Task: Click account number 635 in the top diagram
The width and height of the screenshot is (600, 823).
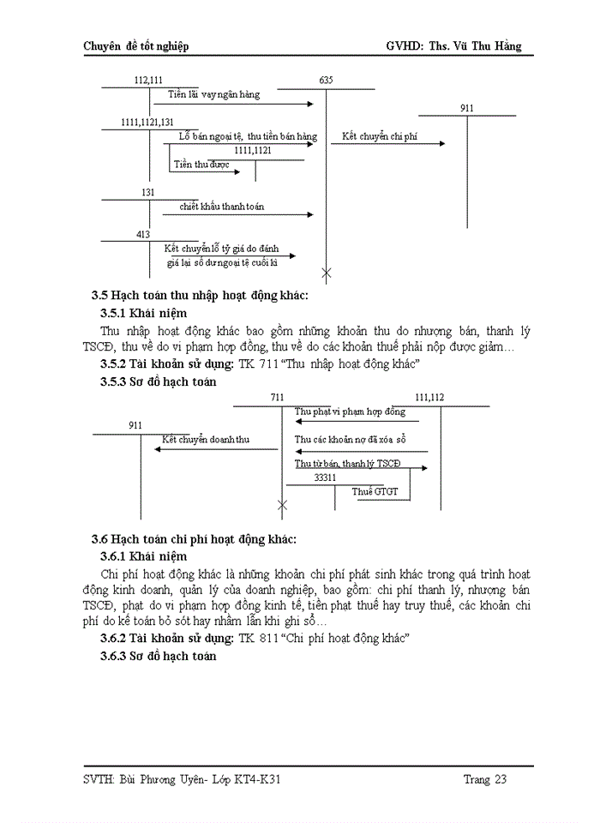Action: (326, 80)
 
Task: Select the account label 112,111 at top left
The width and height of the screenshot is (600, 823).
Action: (149, 80)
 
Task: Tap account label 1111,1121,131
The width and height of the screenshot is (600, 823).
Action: (147, 123)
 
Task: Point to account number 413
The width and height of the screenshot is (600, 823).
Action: (143, 234)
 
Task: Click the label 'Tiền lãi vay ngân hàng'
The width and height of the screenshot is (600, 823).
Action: (213, 94)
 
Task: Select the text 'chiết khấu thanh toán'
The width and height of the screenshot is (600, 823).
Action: (222, 207)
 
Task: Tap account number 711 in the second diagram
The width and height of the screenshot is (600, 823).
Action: (276, 398)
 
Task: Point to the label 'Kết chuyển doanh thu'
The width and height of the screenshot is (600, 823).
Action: (206, 440)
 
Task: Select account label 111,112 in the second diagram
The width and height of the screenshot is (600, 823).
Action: (429, 398)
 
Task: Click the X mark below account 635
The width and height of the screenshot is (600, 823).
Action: (326, 273)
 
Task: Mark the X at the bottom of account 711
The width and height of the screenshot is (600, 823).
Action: (282, 506)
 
